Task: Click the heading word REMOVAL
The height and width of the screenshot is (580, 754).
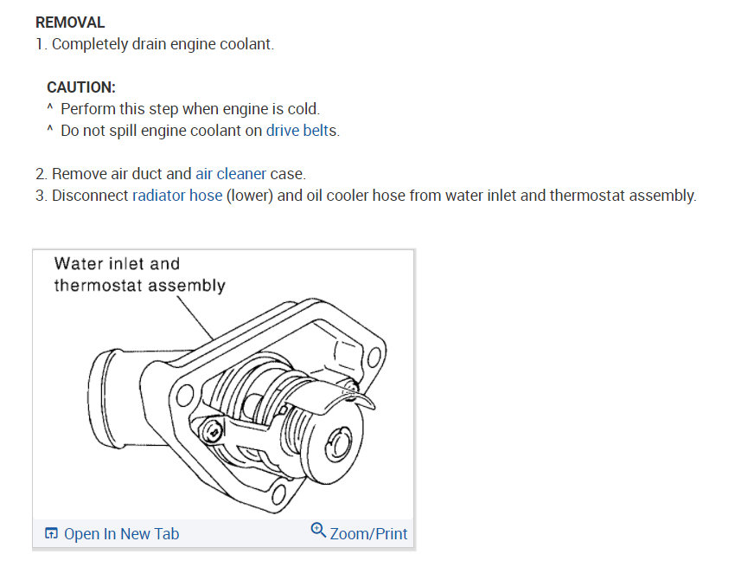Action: click(x=70, y=23)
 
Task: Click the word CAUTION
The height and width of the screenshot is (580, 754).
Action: click(x=80, y=87)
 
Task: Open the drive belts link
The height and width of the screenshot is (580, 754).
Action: click(x=302, y=131)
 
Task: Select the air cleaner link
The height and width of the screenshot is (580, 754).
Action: click(x=231, y=174)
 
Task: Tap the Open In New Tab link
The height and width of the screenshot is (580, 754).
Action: click(x=121, y=533)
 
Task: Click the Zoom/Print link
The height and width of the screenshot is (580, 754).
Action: click(x=368, y=533)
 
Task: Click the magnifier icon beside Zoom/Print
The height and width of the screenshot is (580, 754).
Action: click(x=318, y=531)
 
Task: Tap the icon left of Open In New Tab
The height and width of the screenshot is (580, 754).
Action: click(x=52, y=533)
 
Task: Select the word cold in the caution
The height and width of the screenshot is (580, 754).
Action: click(x=303, y=109)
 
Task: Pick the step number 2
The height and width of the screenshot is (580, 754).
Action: click(x=41, y=174)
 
